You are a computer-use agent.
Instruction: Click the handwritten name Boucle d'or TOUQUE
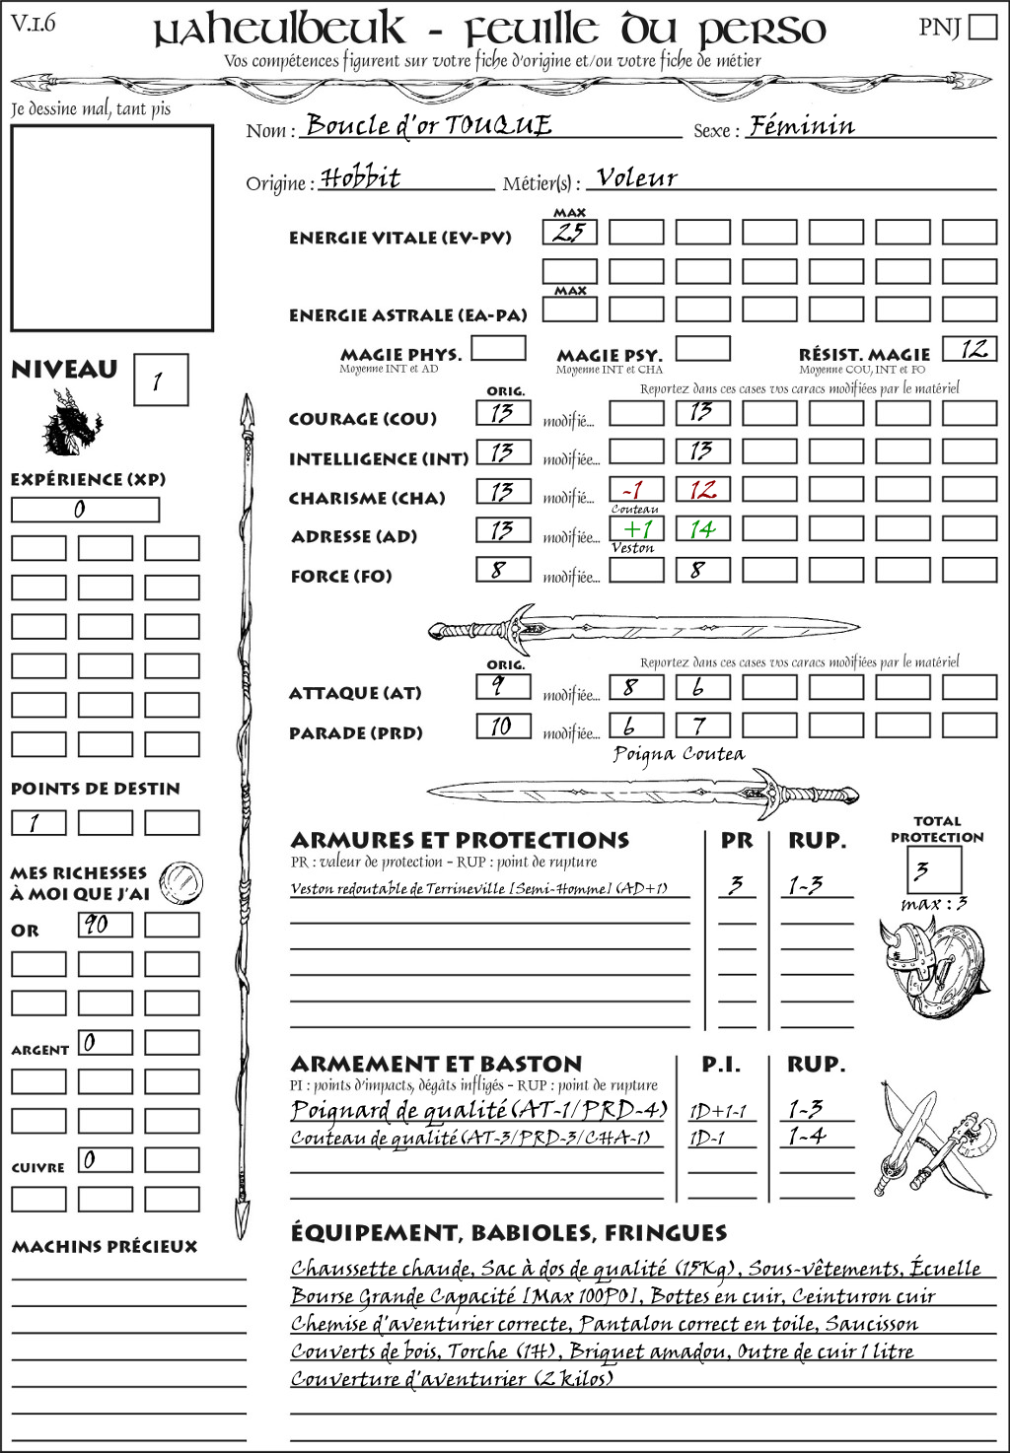(x=428, y=125)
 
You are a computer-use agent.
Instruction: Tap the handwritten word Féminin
(x=801, y=125)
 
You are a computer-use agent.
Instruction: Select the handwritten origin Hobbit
(x=361, y=177)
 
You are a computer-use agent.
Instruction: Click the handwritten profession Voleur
(x=637, y=177)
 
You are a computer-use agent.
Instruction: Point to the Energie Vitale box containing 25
(x=569, y=233)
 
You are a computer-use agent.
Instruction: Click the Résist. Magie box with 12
(x=969, y=349)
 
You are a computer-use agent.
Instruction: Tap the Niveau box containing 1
(x=160, y=381)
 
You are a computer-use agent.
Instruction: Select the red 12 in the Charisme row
(x=702, y=490)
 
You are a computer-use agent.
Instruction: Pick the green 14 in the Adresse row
(x=702, y=529)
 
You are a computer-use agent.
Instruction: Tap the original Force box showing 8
(x=503, y=570)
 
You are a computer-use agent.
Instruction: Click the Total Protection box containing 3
(x=933, y=870)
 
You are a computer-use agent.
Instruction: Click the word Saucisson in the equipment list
(x=871, y=1324)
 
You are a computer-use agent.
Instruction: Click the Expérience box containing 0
(x=85, y=510)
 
